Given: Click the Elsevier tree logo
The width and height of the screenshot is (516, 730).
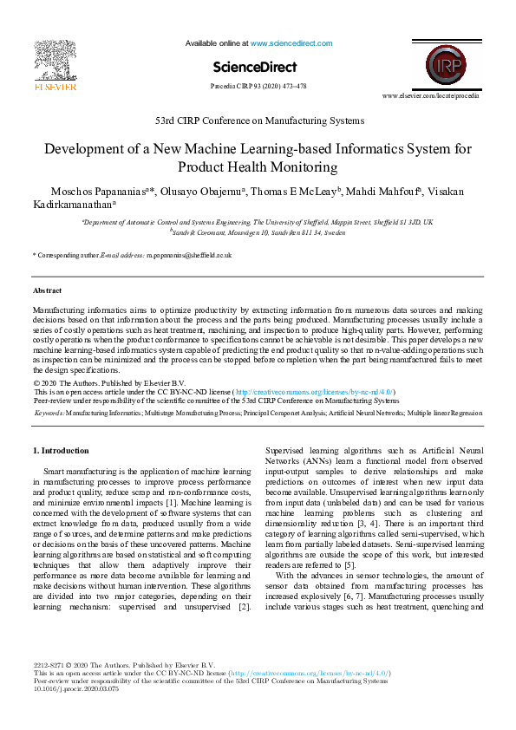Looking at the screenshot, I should coord(54,60).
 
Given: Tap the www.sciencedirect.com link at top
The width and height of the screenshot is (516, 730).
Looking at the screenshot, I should coord(291,42).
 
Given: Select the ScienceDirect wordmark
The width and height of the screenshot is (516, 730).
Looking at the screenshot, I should coord(258,67).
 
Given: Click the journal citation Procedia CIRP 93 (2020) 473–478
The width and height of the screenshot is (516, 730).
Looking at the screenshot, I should coord(258,87).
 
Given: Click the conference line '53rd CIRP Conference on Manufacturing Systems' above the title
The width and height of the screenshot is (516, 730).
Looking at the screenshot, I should coord(258,121).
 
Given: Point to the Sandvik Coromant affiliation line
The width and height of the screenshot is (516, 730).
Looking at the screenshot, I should coord(258,231).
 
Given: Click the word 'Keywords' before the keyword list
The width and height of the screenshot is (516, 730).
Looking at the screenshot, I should coord(49,414).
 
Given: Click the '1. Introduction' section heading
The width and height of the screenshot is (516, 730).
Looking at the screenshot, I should coord(61,451).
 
